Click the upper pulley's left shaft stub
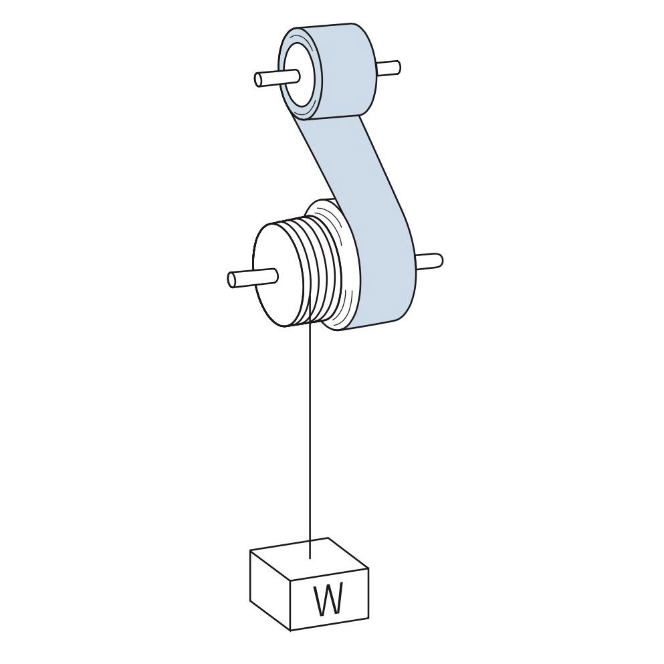pos(277,78)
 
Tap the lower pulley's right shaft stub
pos(429,260)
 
